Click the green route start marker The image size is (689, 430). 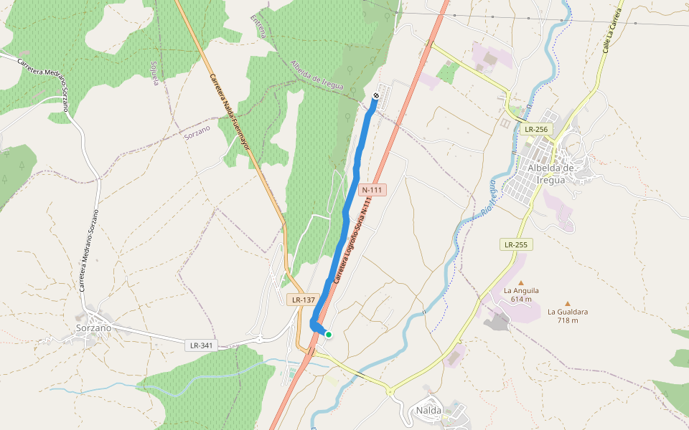(329, 334)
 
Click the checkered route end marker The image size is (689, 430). (377, 95)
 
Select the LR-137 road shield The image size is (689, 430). (304, 300)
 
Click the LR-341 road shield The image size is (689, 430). (201, 345)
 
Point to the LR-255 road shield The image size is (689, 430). (515, 244)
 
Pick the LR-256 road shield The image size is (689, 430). (536, 130)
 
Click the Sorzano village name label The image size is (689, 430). (93, 328)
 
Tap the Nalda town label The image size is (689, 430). (429, 411)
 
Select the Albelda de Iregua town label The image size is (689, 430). (552, 174)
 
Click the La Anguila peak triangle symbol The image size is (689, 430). (521, 282)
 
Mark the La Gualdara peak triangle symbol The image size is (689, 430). (568, 303)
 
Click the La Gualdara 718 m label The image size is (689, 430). (568, 316)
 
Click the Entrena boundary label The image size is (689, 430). (259, 25)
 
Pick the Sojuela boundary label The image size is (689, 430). (154, 73)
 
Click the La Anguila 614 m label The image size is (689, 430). (521, 295)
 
